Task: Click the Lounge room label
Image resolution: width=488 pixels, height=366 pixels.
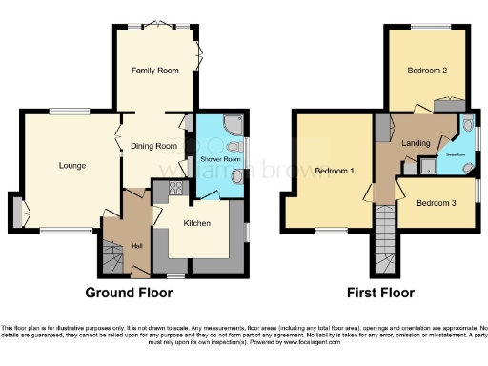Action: tap(72, 166)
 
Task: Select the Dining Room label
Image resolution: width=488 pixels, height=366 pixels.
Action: tap(154, 146)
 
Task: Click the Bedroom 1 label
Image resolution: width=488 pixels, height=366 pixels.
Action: tap(335, 171)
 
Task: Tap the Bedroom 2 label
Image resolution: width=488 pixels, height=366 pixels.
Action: tap(428, 71)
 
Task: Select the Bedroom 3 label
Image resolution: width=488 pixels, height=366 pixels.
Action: tap(437, 203)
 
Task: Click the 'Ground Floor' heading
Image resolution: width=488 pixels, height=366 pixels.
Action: tap(129, 292)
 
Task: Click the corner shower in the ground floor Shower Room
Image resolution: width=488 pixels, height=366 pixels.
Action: tap(233, 124)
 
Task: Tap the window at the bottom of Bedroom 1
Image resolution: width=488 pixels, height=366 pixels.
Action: tap(331, 231)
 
